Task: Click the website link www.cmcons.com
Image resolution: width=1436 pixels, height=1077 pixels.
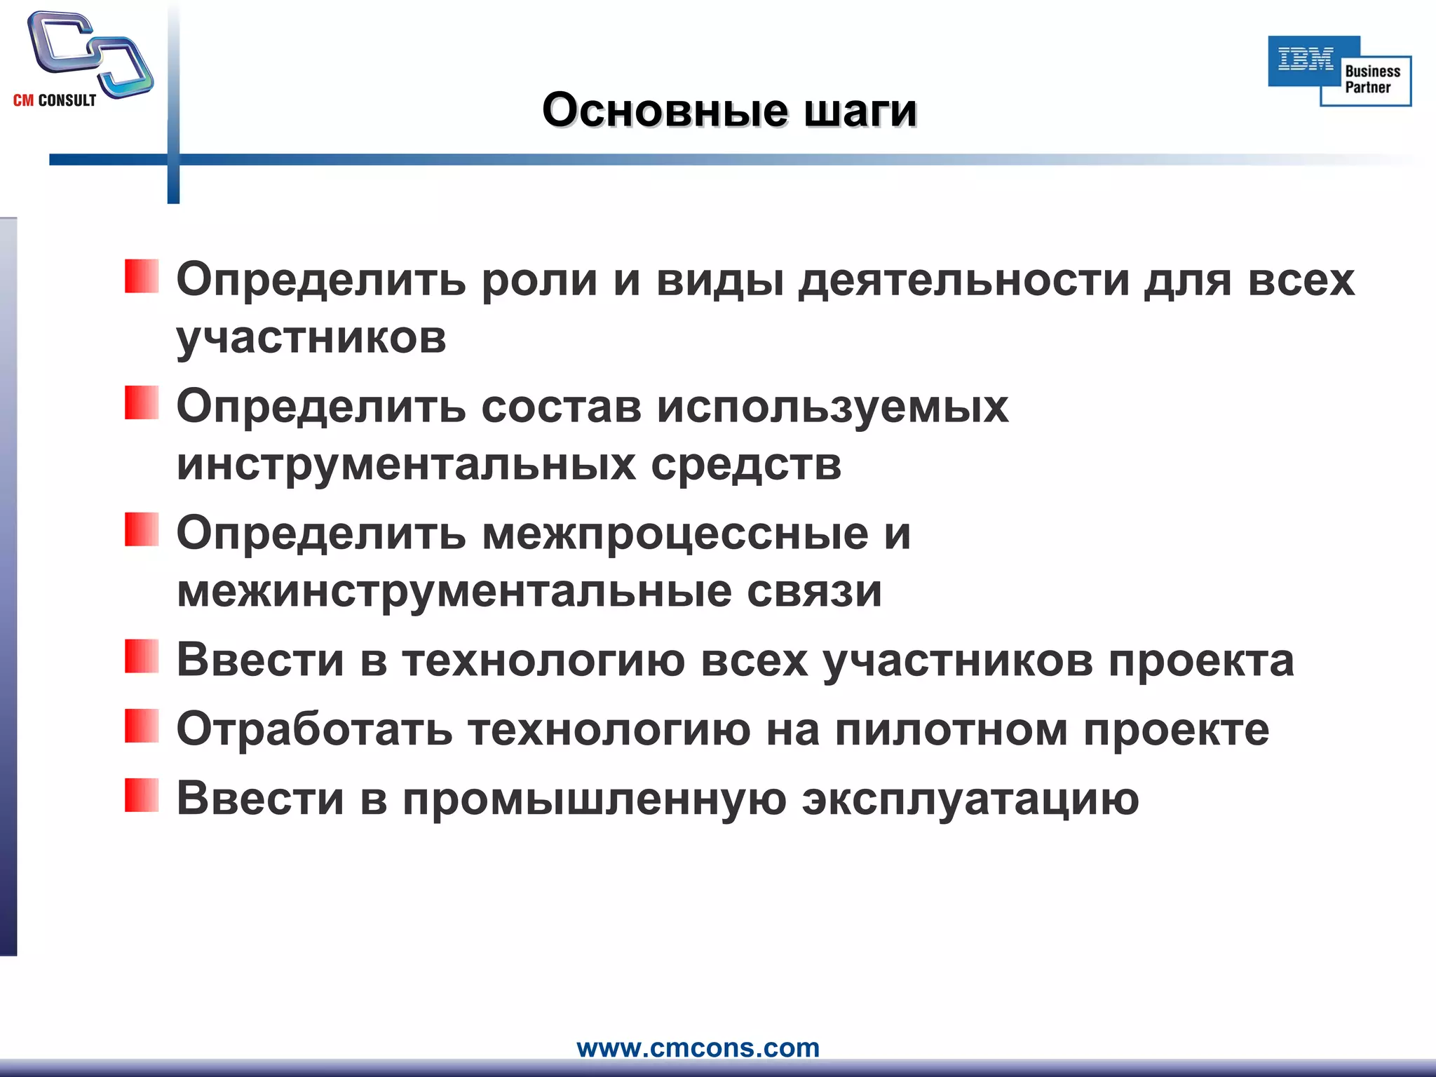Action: coord(698,1048)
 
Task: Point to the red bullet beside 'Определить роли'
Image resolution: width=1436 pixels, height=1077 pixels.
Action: coord(142,276)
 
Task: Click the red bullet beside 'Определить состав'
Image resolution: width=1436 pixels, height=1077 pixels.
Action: coord(142,402)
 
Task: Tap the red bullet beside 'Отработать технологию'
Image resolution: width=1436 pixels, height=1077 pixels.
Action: coord(142,726)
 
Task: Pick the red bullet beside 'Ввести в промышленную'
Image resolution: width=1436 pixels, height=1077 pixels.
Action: coord(142,795)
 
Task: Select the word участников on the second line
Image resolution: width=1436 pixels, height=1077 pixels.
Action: coord(311,338)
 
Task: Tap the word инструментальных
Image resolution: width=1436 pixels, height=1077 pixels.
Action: coord(406,464)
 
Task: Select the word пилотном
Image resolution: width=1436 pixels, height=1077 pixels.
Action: coord(951,730)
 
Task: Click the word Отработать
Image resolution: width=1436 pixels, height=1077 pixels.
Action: coord(314,730)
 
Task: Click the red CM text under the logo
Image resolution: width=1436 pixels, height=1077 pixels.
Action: coord(23,101)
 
